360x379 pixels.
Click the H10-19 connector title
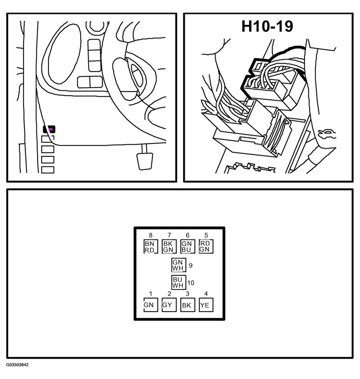tap(267, 26)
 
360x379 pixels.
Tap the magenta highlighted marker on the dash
tap(50, 130)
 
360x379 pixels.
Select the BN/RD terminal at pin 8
tap(150, 247)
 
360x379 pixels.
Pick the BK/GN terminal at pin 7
tap(168, 247)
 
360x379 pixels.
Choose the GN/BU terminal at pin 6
tap(187, 247)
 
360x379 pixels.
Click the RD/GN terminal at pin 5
tap(205, 246)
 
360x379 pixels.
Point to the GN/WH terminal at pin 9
tap(178, 265)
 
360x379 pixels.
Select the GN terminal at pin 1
tap(150, 305)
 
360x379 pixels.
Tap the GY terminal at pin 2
tap(168, 305)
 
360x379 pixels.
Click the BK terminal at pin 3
tap(187, 305)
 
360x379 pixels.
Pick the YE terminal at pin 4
tap(205, 305)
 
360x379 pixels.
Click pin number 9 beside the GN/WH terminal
tap(190, 265)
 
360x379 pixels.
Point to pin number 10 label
tap(191, 283)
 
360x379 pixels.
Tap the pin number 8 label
tap(150, 235)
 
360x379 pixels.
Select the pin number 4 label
tap(206, 294)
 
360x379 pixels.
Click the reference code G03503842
tap(17, 365)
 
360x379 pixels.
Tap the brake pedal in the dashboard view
tap(144, 160)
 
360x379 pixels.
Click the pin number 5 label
tap(206, 235)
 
